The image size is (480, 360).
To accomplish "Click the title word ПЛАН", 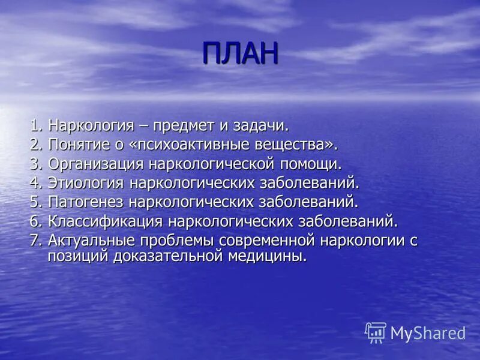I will point(240,53).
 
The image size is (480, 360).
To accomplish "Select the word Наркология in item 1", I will point(98,126).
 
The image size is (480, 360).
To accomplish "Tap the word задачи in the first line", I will point(266,126).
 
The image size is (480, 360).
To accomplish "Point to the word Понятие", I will point(80,145).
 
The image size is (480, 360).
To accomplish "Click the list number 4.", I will point(34,182).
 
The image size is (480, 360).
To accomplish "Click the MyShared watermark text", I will point(428,333).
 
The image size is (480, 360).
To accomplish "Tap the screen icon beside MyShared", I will point(376,332).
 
